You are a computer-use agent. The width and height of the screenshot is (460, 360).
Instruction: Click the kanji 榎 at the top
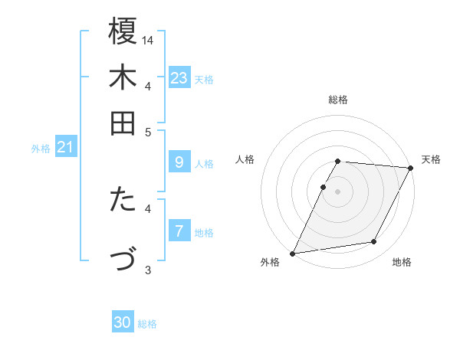pos(123,31)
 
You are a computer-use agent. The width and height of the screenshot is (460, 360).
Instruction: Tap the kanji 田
pos(123,123)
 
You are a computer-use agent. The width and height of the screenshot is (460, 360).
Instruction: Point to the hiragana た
pos(123,200)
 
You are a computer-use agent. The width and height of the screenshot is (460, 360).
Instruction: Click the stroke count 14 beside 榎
pos(148,39)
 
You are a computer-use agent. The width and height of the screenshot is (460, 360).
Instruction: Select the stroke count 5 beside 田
pos(148,132)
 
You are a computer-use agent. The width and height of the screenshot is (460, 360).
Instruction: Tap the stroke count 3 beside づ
pos(148,269)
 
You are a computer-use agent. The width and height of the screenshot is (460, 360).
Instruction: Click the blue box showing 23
pos(179,78)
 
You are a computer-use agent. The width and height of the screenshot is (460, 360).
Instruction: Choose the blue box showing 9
pos(179,162)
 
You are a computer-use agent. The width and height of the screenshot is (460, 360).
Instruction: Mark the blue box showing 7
pos(179,231)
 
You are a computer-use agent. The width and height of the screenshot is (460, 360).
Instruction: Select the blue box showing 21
pos(64,147)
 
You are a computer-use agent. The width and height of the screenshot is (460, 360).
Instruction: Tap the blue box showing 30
pos(123,323)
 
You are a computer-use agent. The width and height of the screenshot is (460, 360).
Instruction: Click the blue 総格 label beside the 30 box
pos(147,324)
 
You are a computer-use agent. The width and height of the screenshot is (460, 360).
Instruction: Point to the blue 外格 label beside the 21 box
pos(41,149)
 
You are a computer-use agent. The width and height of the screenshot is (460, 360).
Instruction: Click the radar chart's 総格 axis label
pos(338,100)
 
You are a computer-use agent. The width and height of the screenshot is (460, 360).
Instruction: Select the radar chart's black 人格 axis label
pos(245,159)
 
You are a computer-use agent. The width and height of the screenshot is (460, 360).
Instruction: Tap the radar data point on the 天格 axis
pos(411,168)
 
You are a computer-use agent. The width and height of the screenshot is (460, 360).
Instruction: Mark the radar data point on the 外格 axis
pos(292,253)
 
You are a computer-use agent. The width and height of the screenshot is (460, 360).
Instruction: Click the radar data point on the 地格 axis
pos(374,242)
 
